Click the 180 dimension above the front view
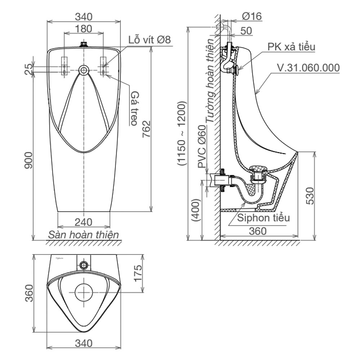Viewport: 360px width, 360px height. [84, 28]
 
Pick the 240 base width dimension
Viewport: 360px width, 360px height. [84, 222]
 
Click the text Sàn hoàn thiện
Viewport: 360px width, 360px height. [84, 235]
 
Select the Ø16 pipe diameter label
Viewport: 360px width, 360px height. [252, 16]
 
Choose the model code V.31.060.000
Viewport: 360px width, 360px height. [308, 68]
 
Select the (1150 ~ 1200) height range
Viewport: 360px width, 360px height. [182, 133]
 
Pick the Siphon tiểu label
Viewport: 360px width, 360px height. [263, 218]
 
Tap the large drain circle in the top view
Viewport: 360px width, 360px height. [84, 292]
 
